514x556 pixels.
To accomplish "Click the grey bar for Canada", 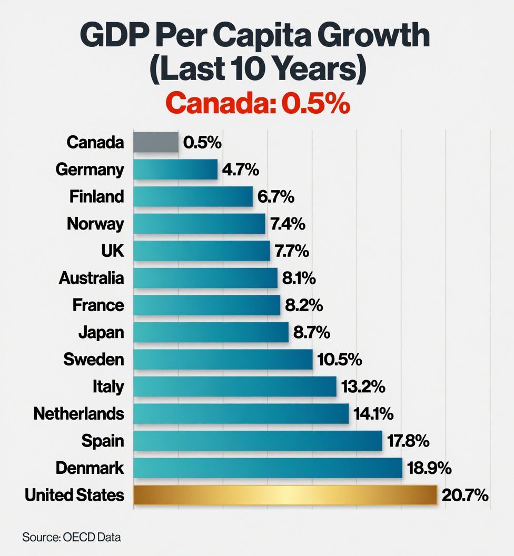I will coord(156,142).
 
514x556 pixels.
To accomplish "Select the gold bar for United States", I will coord(285,495).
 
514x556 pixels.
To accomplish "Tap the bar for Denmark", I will coord(268,468).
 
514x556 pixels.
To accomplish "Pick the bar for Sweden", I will coord(223,359).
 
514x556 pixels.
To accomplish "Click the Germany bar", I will coord(175,170).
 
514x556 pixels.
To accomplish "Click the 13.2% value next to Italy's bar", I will coord(363,386).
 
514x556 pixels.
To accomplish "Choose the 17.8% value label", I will coord(409,441).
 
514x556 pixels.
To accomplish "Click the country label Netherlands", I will coord(79,413).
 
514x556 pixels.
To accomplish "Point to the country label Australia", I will coord(92,278).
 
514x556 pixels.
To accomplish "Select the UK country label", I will coord(112,251).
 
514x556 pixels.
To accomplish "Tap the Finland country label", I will coord(97,196).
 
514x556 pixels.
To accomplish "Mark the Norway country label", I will coord(95,224).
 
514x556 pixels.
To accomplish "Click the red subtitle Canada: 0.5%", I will coord(261,104).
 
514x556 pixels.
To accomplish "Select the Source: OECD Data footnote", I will coord(71,537).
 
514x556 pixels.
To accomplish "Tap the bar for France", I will coord(206,305).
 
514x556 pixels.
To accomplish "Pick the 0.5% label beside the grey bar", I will coord(203,142).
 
